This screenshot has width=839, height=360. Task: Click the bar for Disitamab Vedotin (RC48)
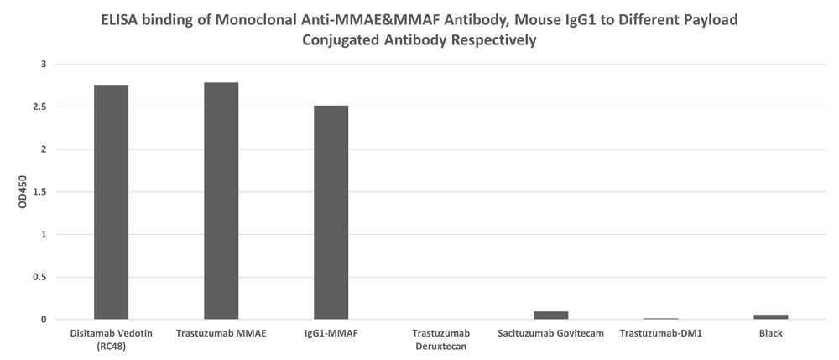coord(111,201)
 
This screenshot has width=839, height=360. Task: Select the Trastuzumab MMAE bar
coord(221,201)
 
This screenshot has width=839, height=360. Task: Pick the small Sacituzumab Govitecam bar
coord(550,316)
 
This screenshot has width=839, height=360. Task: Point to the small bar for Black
coord(770,317)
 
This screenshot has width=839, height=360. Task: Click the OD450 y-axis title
coord(12,192)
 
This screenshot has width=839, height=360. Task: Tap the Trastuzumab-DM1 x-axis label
coord(660,334)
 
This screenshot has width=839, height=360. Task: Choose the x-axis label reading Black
coord(770,334)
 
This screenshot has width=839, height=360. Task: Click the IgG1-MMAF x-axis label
coord(331,334)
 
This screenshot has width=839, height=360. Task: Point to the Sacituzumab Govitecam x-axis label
coord(550,334)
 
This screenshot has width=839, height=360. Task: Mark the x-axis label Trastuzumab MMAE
coord(221,334)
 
